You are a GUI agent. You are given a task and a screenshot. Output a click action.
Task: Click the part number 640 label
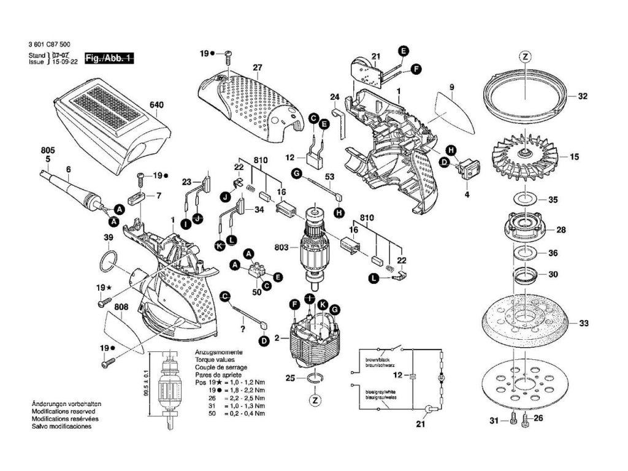coord(157,105)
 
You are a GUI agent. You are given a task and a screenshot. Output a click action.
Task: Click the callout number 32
coord(583,96)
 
